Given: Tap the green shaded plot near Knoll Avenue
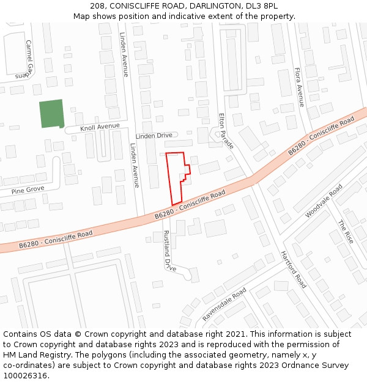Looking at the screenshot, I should coord(51,114).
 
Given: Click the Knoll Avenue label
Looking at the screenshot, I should coord(100,127).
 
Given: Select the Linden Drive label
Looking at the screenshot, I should coord(154,135).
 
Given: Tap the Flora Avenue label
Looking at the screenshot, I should coord(299,87).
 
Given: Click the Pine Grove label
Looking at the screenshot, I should coord(27,190).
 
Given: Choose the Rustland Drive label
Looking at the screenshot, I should coord(169,251).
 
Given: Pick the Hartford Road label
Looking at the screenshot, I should coord(294,270).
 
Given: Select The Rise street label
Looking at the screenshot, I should coord(346,232).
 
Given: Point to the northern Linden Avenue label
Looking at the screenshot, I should coord(124,54).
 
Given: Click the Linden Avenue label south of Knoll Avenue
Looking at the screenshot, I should coord(134,165).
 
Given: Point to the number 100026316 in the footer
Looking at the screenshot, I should coord(25,375).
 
